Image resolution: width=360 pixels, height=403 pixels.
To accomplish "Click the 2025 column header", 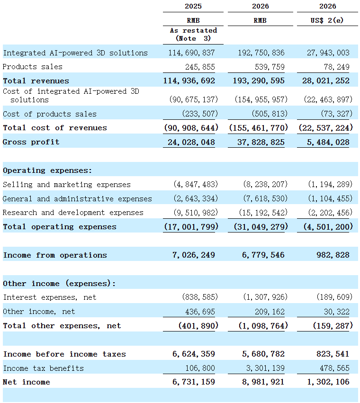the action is tap(193, 6).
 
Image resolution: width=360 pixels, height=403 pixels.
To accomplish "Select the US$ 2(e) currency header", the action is tap(327, 20).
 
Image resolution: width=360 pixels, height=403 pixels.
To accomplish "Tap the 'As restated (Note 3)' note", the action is tap(193, 35).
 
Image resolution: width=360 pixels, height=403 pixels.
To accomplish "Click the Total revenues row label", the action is tap(36, 81).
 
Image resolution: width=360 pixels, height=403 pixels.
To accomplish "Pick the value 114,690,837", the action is tap(191, 53).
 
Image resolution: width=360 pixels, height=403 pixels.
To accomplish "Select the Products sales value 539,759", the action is tap(270, 67).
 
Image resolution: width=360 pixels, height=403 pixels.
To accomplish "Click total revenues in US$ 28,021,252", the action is tap(326, 81).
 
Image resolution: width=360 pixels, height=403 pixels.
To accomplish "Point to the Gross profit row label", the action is tap(31, 142).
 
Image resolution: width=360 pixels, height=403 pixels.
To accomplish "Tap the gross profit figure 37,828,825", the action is tap(261, 142).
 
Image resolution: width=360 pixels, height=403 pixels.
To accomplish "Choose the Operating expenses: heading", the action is tap(47, 170).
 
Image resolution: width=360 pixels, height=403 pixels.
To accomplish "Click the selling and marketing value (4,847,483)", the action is tap(196, 184).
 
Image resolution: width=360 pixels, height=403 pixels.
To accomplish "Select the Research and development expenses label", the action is tap(73, 213).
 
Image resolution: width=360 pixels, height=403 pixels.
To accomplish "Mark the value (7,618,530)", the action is tap(265, 198).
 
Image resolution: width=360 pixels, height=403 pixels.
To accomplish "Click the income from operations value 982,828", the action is tap(333, 255).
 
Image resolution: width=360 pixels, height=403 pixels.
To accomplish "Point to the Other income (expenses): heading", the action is tap(59, 284).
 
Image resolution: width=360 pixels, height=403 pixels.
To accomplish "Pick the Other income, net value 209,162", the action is tap(270, 312).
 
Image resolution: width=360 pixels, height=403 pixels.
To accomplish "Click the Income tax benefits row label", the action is tap(44, 368).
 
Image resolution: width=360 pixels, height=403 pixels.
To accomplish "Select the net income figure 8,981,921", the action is tap(263, 382).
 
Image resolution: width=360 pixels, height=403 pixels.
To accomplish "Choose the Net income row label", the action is tap(27, 382).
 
